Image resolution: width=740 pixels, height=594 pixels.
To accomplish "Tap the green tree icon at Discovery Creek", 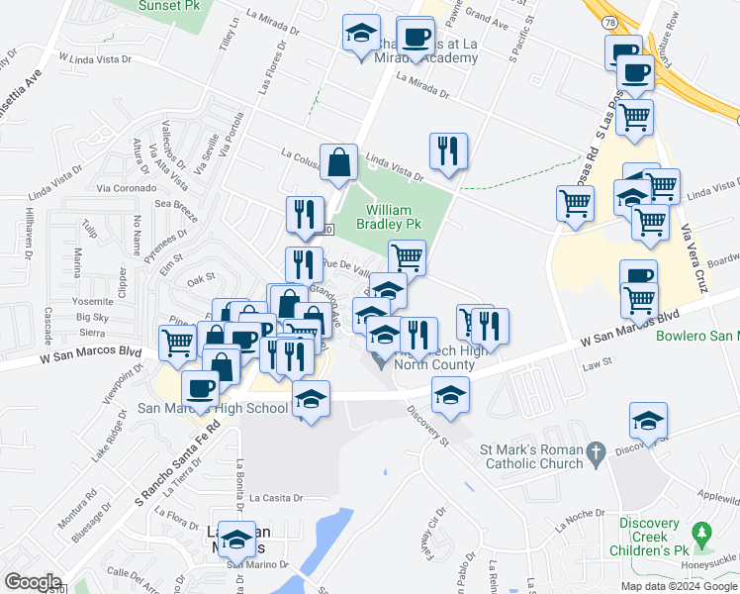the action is coord(702,537).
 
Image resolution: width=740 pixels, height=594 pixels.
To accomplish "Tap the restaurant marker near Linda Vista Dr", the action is coord(448,150).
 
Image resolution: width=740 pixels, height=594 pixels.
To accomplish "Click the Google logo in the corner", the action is coord(33,582).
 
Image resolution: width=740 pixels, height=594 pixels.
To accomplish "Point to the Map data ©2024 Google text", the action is coord(679,586).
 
